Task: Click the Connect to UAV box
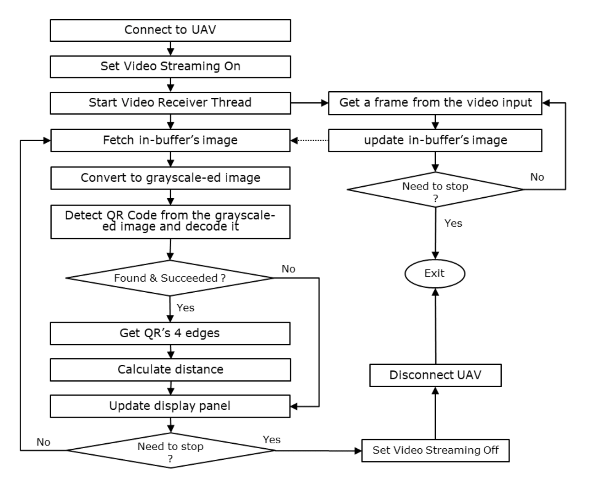click(x=170, y=30)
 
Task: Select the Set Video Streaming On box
click(x=170, y=67)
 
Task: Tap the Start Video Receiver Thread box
click(x=170, y=103)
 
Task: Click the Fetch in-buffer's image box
click(x=170, y=140)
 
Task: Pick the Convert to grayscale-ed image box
click(x=170, y=178)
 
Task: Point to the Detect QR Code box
click(x=170, y=221)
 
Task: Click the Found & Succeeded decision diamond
click(x=170, y=278)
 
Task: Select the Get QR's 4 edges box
click(x=170, y=333)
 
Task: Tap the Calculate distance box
click(x=170, y=370)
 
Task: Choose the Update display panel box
click(x=170, y=406)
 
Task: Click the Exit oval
click(x=435, y=273)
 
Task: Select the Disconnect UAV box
click(x=435, y=375)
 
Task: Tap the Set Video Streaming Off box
click(x=435, y=450)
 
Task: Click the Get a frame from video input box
click(x=435, y=103)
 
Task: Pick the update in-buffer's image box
click(x=435, y=140)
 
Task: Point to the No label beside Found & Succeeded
click(x=288, y=269)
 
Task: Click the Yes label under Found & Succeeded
click(x=185, y=308)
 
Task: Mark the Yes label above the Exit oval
click(x=453, y=224)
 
